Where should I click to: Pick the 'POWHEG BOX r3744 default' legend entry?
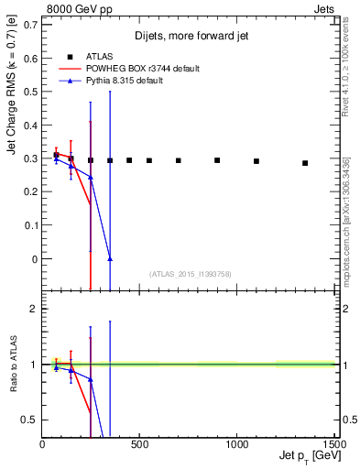click(x=144, y=69)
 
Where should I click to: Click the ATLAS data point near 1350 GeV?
click(x=305, y=163)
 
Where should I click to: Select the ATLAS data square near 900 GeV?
click(x=217, y=160)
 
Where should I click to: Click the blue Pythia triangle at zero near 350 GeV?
click(x=110, y=259)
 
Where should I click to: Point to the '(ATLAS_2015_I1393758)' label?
click(x=190, y=273)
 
